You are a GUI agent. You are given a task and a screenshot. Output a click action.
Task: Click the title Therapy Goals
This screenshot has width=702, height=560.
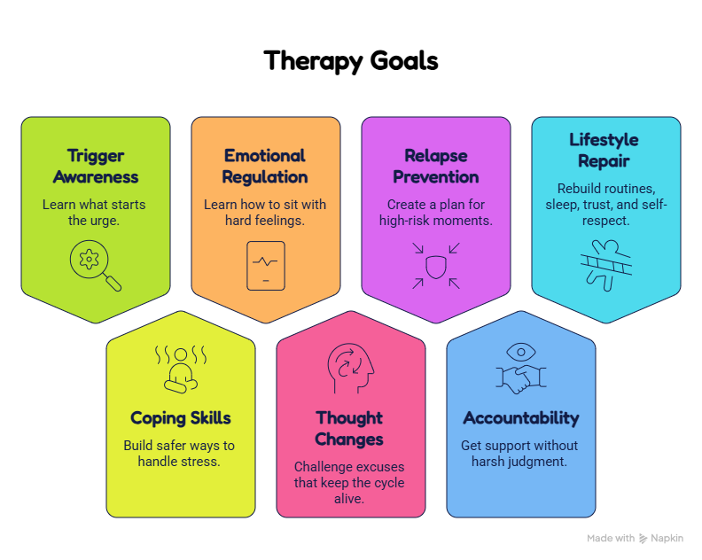[350, 61]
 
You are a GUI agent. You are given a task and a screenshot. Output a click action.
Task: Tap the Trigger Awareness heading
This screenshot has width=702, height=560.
[96, 166]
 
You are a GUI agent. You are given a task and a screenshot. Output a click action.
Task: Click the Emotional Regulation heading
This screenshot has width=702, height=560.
[265, 166]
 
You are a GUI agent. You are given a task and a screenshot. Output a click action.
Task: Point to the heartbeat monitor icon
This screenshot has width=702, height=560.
[266, 266]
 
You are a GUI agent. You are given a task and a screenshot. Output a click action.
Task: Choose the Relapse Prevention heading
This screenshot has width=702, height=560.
[435, 166]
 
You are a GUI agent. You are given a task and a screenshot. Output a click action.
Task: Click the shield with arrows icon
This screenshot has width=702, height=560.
[435, 266]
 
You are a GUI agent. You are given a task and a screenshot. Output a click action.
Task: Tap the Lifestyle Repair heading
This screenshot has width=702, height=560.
[604, 150]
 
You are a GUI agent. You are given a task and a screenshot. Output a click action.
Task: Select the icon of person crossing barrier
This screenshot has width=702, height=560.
[606, 266]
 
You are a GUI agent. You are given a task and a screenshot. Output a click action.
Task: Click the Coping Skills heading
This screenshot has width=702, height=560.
[181, 418]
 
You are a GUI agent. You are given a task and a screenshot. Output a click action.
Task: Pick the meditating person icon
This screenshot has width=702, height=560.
[181, 369]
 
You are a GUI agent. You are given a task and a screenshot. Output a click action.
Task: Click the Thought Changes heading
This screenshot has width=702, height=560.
[349, 428]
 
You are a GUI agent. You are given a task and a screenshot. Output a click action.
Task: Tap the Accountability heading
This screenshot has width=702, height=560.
[521, 418]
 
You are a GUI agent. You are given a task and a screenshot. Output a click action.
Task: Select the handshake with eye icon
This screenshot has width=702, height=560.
[521, 369]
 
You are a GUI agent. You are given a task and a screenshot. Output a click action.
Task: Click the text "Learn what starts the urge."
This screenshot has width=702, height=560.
[94, 213]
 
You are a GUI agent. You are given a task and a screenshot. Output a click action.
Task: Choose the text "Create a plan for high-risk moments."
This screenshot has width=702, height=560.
[435, 213]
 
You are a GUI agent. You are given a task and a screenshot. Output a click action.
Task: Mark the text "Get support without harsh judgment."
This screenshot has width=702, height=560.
[519, 454]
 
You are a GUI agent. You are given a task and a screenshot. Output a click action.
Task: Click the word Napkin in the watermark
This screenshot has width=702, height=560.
[667, 539]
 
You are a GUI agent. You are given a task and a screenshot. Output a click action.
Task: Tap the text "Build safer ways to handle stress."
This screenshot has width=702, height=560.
[179, 454]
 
